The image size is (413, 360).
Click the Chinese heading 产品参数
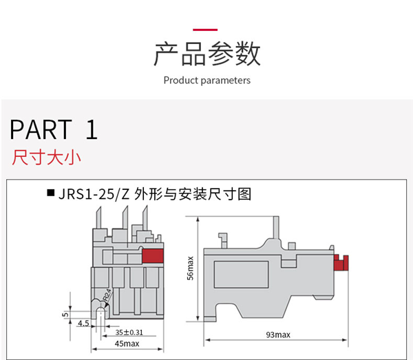pos(206,54)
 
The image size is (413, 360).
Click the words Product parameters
pos(206,81)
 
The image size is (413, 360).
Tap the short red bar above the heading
pos(205,30)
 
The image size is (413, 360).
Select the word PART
pos(40,130)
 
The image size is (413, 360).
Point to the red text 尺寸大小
pos(46,158)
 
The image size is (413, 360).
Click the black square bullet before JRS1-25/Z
pos(50,193)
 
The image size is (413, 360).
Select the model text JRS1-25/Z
pos(94,194)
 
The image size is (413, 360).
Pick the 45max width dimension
pos(127,343)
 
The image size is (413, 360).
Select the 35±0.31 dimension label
pos(129,332)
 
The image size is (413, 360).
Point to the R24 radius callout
pos(107,295)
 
